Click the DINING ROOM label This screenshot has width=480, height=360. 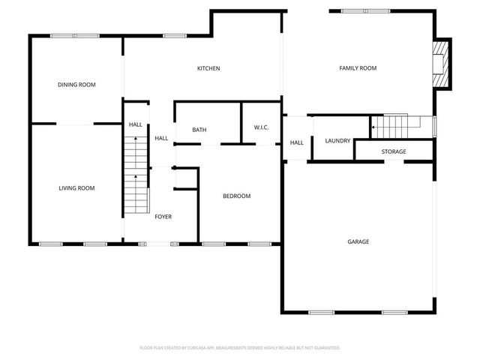coord(76,85)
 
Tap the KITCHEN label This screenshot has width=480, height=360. coord(208,68)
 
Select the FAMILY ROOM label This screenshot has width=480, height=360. coord(358,68)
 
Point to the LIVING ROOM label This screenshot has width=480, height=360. coord(76,188)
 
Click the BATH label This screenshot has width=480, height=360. coord(199,130)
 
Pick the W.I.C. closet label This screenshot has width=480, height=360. coord(261,127)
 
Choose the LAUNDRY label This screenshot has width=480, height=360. coord(337,140)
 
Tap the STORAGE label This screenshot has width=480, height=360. coord(393,151)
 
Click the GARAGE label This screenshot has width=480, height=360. coord(358,241)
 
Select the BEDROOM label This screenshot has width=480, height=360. coord(236,196)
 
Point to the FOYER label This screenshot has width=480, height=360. coord(163,217)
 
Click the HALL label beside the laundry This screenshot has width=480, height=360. coord(297,142)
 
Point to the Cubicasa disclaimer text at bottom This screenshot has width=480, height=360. coord(240,348)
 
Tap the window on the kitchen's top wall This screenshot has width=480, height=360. coord(175,35)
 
